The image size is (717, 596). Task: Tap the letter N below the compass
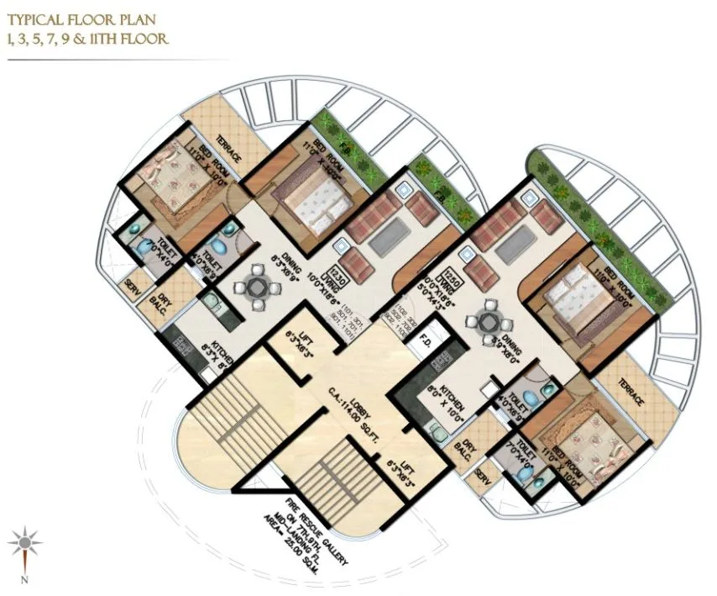pos(26,579)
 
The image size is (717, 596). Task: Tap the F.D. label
pos(426,342)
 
